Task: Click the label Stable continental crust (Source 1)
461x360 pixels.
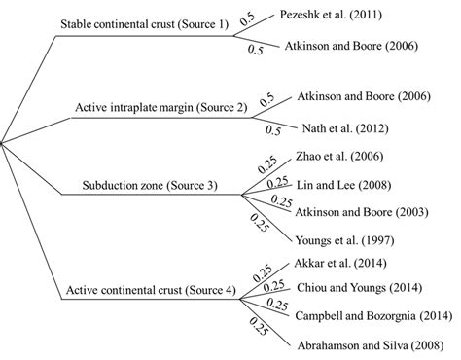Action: tap(144, 23)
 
